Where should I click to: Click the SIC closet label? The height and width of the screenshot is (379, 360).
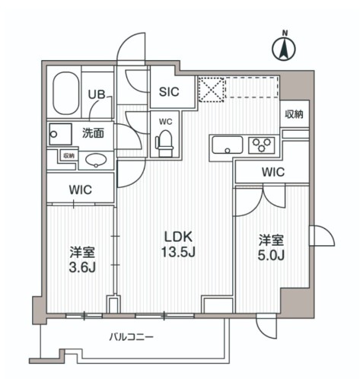[x=168, y=93]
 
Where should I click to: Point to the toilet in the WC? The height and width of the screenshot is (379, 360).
[x=163, y=140]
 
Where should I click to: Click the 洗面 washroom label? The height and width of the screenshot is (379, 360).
[x=94, y=132]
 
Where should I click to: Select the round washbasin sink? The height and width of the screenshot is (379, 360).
[x=94, y=160]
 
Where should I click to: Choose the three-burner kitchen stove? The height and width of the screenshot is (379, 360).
[x=261, y=145]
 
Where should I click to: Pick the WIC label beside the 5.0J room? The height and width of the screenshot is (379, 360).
[x=272, y=172]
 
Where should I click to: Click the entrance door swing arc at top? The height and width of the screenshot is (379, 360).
[x=132, y=47]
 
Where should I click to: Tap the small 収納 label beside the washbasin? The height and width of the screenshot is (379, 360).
[x=68, y=155]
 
